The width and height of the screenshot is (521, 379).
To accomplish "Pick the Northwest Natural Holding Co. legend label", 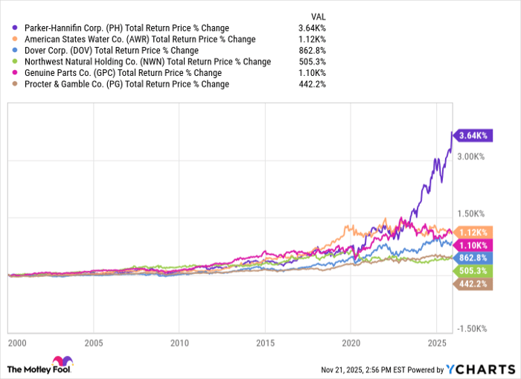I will pos(147,61).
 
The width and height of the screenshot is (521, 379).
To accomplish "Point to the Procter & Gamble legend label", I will pos(127,83).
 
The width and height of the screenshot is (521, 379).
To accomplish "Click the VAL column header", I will pos(317,16).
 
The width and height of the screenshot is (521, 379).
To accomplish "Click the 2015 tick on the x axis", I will pos(263,345).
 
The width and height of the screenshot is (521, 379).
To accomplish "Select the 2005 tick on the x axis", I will pos(93,345).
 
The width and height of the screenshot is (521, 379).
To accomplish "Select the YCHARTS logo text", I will pos(479,369).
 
